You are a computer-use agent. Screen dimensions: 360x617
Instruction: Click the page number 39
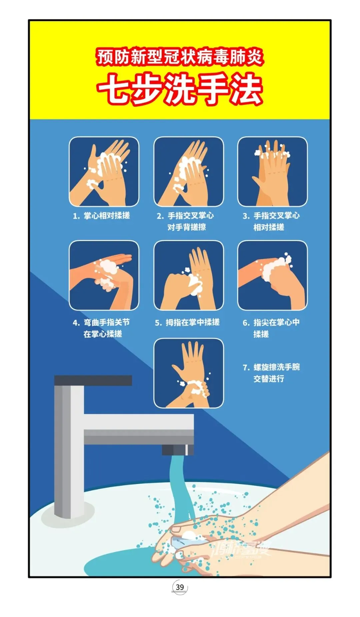pos(180,587)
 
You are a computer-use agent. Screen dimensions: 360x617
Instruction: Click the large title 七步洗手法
pos(180,89)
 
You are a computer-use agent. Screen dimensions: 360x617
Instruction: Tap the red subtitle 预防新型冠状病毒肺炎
pos(180,57)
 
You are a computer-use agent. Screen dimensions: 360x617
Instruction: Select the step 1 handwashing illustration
pos(104,172)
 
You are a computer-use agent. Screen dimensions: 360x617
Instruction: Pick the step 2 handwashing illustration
pos(189,172)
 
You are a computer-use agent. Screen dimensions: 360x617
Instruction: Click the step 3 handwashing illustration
pos(273,172)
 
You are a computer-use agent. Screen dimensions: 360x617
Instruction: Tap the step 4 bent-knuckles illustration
pos(104,275)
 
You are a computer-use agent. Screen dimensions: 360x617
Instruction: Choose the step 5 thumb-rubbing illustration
pos(189,275)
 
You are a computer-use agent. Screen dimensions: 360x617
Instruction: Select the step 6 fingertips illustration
pos(273,275)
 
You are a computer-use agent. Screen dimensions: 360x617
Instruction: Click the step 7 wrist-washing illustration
pos(189,373)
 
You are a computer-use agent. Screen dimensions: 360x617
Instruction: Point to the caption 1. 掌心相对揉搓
pos(101,216)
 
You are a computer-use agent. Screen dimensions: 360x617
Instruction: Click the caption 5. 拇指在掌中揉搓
pos(187,322)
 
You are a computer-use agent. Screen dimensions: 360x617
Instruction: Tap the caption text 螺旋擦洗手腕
pos(277,367)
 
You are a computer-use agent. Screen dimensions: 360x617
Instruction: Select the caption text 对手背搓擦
pos(187,227)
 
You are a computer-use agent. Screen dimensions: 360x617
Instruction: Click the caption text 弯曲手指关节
pos(107,322)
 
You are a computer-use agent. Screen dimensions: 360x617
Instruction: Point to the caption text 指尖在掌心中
pos(277,322)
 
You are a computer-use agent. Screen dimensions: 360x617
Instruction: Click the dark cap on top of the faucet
pos(93,380)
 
